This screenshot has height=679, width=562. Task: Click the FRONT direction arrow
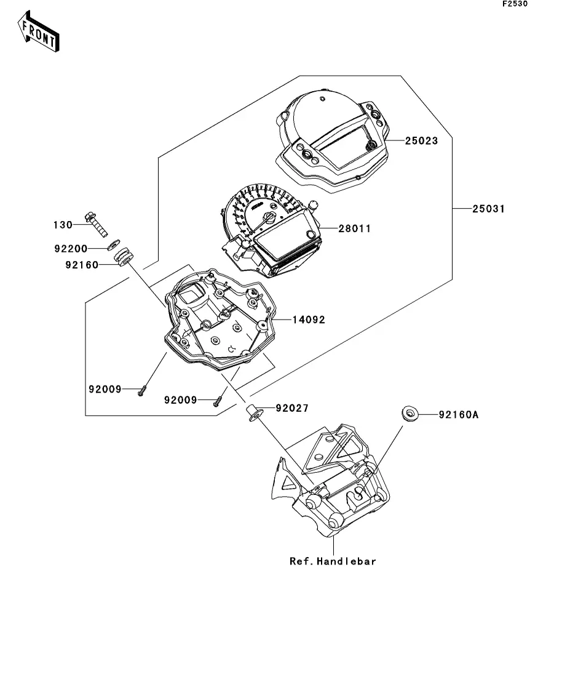pos(39,32)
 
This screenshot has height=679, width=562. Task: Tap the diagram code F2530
pos(515,4)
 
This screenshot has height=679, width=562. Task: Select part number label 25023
pos(421,141)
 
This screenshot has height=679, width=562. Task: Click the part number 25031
pos(488,209)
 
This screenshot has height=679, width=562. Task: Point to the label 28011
pos(354,228)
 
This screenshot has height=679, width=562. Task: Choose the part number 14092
pos(309,319)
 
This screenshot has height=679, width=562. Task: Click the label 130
pos(63,225)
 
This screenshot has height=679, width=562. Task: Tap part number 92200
pos(71,249)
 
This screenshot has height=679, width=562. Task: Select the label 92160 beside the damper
pos(82,265)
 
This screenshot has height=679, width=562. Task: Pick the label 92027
pos(292,408)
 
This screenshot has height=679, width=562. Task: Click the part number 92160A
pos(459,415)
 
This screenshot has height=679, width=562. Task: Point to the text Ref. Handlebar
pos(333,561)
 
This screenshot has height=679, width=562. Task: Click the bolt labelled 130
pos(97,224)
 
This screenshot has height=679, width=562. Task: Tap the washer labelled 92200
pos(114,244)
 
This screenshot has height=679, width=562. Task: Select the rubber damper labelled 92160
pos(123,257)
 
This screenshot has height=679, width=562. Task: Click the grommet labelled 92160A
pos(410,413)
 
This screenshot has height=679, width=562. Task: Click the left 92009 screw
pos(141,391)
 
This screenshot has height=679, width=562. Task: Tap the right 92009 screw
pos(218,401)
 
